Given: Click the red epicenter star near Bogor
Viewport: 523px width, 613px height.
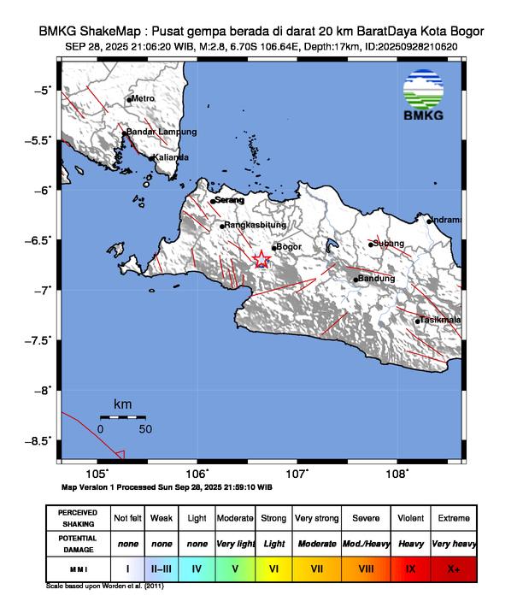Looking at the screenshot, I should [x=262, y=261].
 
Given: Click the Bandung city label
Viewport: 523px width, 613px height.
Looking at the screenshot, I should [x=377, y=279].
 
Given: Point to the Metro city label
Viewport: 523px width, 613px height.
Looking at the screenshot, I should [x=143, y=99].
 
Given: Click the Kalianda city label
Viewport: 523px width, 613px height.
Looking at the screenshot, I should [x=170, y=157].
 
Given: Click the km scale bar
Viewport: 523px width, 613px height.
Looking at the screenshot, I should [x=122, y=417].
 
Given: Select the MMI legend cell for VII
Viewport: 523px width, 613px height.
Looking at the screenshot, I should [x=315, y=567].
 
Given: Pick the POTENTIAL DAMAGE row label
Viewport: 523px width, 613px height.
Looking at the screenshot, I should [x=79, y=543].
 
